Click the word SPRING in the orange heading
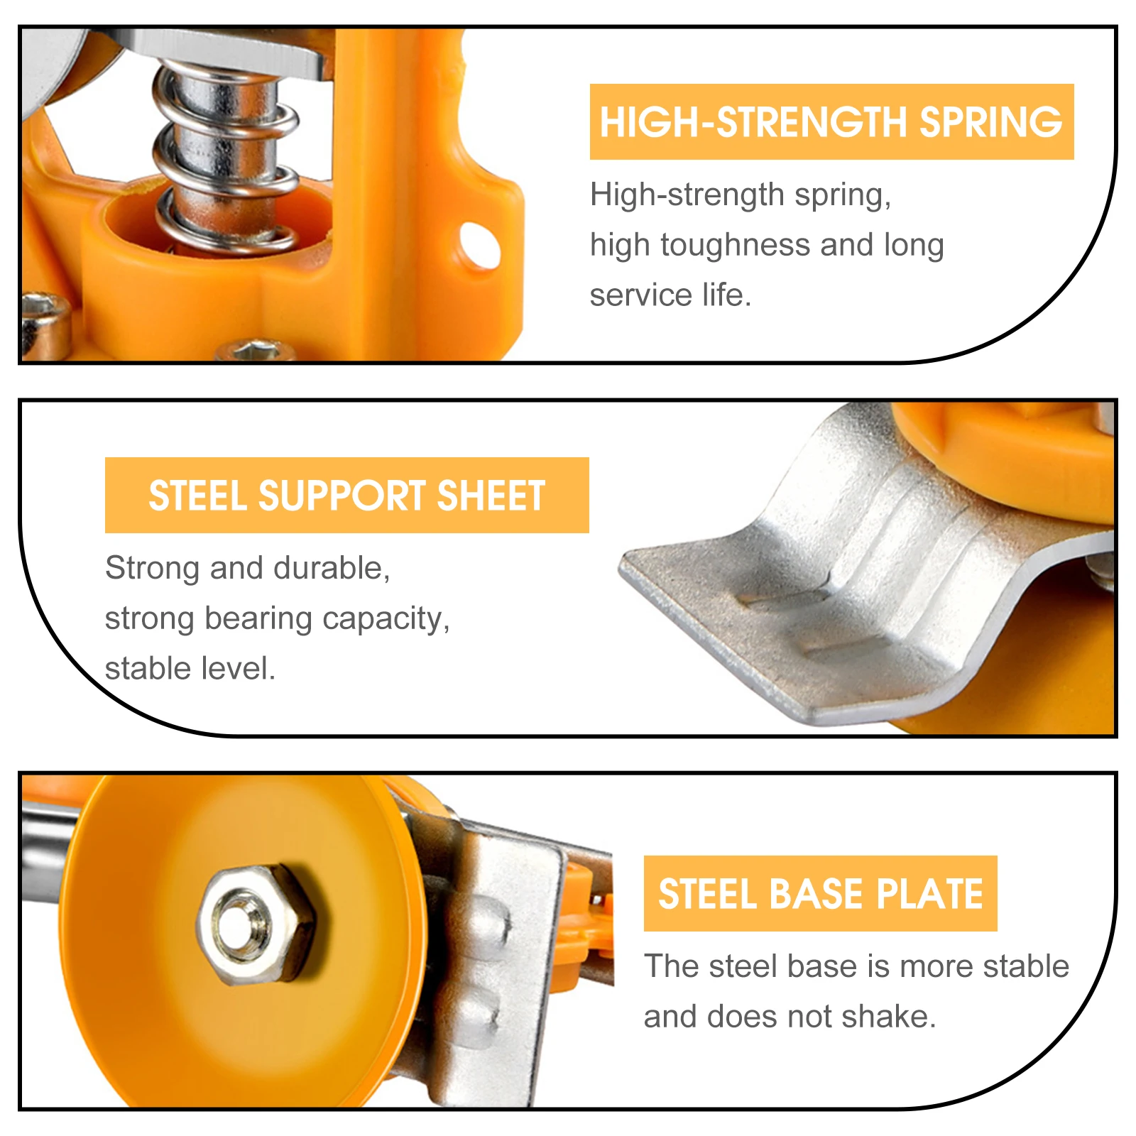pyautogui.click(x=991, y=122)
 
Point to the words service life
pyautogui.click(x=670, y=295)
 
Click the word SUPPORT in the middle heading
pyautogui.click(x=342, y=496)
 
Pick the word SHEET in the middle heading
pyautogui.click(x=491, y=496)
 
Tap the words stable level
pyautogui.click(x=190, y=669)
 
